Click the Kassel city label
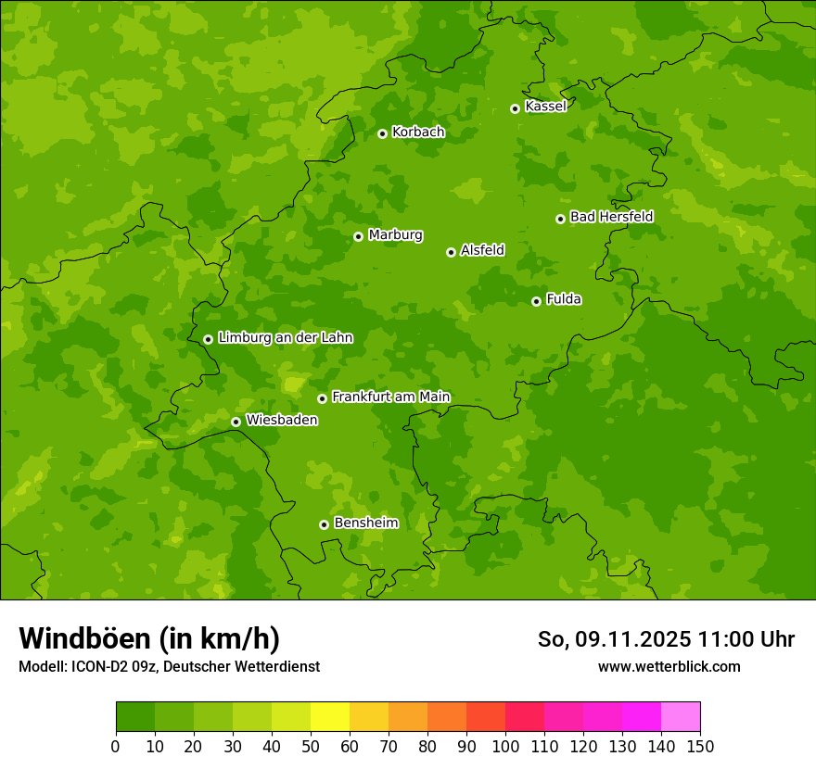(x=545, y=107)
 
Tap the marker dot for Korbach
(x=382, y=133)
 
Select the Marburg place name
(x=395, y=235)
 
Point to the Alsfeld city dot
(x=451, y=252)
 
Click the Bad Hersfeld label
(x=611, y=217)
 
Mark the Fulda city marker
(x=536, y=301)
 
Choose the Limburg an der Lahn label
(x=285, y=338)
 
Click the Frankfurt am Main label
(x=390, y=397)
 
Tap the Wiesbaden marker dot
(x=236, y=422)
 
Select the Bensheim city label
(x=365, y=523)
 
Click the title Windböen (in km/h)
(x=149, y=638)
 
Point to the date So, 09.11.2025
(x=614, y=639)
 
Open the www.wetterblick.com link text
(x=669, y=666)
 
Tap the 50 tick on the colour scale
(x=311, y=746)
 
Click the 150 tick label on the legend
(x=700, y=746)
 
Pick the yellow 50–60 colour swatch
(x=330, y=717)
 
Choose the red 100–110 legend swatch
(x=525, y=717)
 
